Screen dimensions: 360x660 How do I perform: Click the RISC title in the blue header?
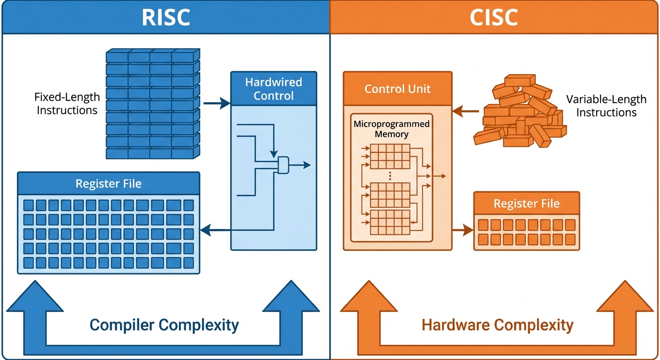(166, 17)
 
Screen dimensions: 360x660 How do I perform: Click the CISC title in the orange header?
(494, 17)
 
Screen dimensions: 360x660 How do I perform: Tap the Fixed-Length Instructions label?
(67, 104)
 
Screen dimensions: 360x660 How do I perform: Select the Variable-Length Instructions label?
(606, 106)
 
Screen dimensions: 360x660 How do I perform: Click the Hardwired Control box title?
(274, 89)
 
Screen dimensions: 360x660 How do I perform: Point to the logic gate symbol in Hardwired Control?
(284, 165)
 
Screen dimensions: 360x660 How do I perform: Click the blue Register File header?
(108, 184)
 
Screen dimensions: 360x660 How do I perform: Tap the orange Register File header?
(526, 203)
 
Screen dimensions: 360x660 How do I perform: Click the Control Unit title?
(397, 89)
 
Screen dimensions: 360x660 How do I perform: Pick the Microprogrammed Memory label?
(391, 129)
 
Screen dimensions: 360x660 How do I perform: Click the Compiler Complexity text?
(164, 324)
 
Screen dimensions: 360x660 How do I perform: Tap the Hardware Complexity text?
(497, 325)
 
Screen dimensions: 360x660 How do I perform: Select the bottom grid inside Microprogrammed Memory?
(390, 223)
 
